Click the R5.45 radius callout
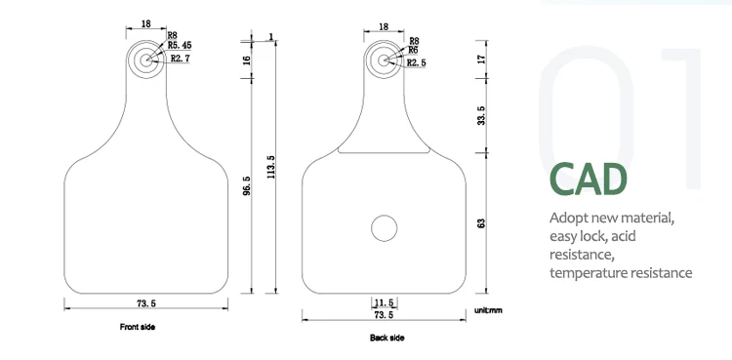(180, 45)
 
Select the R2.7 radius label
(180, 59)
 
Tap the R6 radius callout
(413, 50)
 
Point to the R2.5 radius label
(417, 62)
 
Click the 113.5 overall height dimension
(271, 167)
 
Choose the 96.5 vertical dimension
(247, 185)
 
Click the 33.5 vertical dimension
(481, 115)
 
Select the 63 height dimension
(481, 223)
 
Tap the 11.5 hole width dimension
(385, 303)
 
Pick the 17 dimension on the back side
(481, 60)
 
